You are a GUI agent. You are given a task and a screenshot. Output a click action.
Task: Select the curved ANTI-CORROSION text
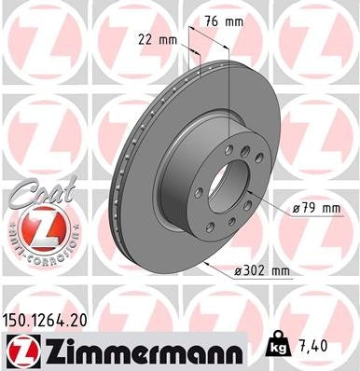click(x=35, y=244)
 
